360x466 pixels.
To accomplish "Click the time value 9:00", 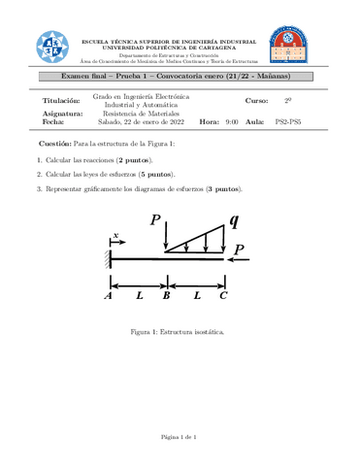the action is click(x=232, y=121).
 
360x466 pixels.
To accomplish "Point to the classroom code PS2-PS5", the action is click(x=288, y=121).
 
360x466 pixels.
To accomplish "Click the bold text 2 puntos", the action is click(x=134, y=157).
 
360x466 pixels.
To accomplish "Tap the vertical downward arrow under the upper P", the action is click(x=167, y=242).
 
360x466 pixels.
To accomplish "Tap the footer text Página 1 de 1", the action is click(x=180, y=437).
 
